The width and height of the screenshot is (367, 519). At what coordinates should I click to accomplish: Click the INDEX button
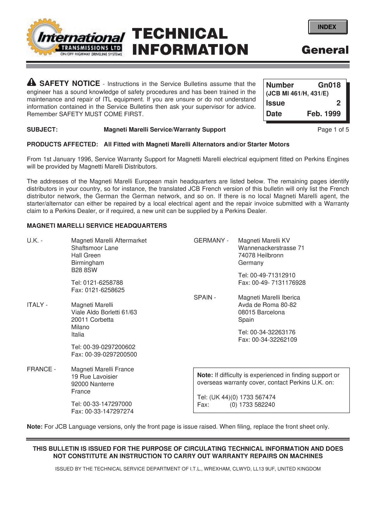click(x=327, y=27)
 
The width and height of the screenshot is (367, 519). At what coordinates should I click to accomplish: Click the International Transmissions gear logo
click(x=75, y=39)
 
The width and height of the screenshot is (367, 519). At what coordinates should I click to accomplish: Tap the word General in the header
click(x=325, y=50)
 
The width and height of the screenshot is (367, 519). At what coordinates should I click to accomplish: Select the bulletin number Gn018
click(x=329, y=85)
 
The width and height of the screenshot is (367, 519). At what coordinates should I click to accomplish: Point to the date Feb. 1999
click(x=324, y=114)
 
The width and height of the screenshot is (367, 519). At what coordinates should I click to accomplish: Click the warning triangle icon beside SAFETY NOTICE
click(x=32, y=83)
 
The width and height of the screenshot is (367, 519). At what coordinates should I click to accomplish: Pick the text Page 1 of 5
click(x=333, y=129)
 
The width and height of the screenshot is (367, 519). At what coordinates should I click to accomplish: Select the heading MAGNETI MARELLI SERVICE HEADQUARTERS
click(x=97, y=226)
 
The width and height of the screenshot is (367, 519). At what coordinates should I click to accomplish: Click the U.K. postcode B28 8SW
click(x=84, y=270)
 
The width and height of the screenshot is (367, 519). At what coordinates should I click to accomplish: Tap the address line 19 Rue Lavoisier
click(x=94, y=377)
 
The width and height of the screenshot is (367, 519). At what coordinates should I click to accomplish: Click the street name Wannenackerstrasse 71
click(x=271, y=248)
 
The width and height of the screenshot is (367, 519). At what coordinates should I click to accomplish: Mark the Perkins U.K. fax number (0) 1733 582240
click(x=252, y=405)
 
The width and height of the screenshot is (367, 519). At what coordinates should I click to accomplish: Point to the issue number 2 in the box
click(x=338, y=103)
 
